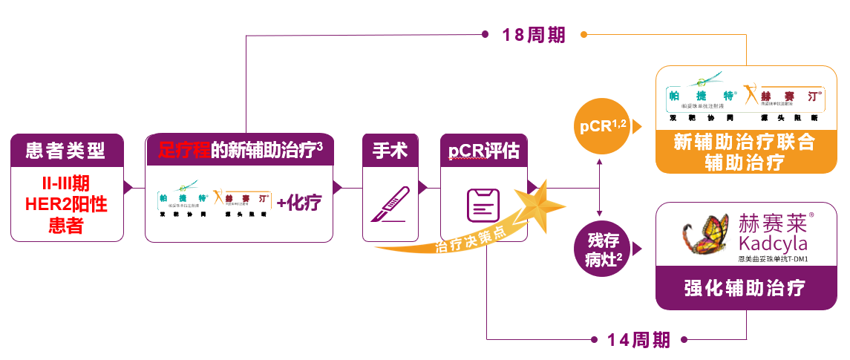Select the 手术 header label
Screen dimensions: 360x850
pyautogui.click(x=390, y=151)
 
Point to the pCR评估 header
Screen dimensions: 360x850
pyautogui.click(x=483, y=151)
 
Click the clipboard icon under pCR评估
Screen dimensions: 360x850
pyautogui.click(x=483, y=204)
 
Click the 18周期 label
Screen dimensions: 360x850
pyautogui.click(x=534, y=34)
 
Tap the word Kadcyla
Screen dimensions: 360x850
pyautogui.click(x=772, y=243)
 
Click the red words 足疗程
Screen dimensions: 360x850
pyautogui.click(x=184, y=149)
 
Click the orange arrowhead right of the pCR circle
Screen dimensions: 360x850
pyautogui.click(x=636, y=129)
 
